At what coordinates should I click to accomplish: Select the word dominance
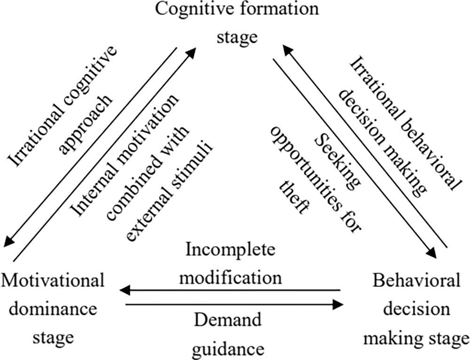(53, 309)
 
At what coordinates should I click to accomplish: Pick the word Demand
(228, 321)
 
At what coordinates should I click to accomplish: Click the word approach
(86, 125)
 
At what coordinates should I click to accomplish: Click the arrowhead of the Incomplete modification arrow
(125, 290)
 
